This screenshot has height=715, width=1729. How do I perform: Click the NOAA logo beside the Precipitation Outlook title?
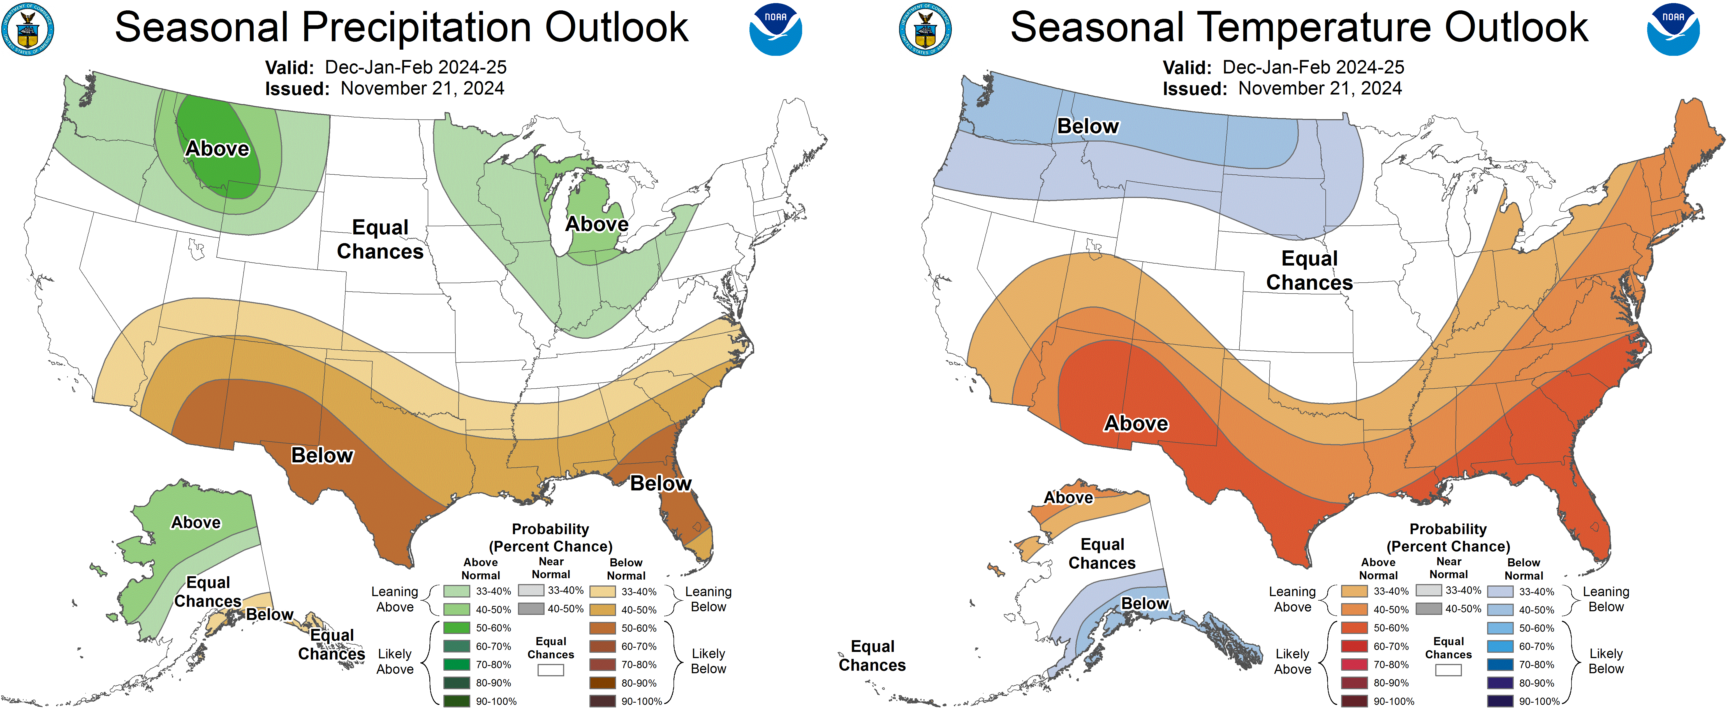[x=775, y=29]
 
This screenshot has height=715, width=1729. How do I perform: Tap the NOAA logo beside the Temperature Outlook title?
[x=1673, y=29]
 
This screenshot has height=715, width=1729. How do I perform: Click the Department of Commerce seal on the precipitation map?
[x=28, y=29]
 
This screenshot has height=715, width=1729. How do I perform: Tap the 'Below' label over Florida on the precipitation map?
[x=660, y=483]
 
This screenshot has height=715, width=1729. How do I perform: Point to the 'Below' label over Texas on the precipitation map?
[x=322, y=455]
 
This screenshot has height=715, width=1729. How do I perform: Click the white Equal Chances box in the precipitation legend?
[x=550, y=670]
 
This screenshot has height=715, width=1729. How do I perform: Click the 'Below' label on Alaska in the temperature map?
[x=1145, y=604]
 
